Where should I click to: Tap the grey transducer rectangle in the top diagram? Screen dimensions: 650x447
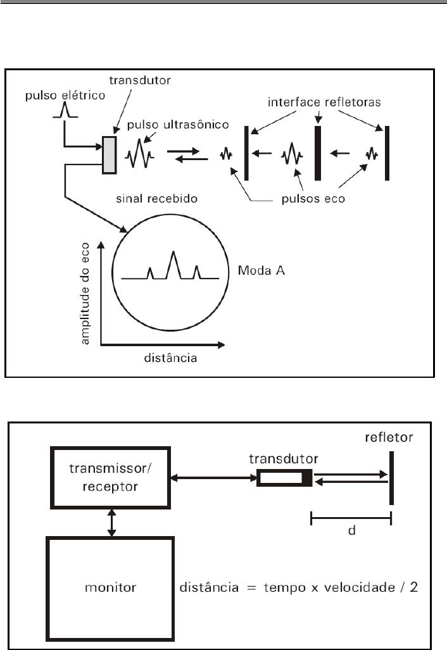110,154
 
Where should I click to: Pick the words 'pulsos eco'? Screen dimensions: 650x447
315,197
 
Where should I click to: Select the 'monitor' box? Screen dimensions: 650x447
111,588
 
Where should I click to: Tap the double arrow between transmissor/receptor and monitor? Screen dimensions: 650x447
111,523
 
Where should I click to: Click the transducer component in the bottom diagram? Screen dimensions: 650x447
284,478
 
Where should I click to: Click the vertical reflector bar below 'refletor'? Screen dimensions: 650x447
392,478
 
